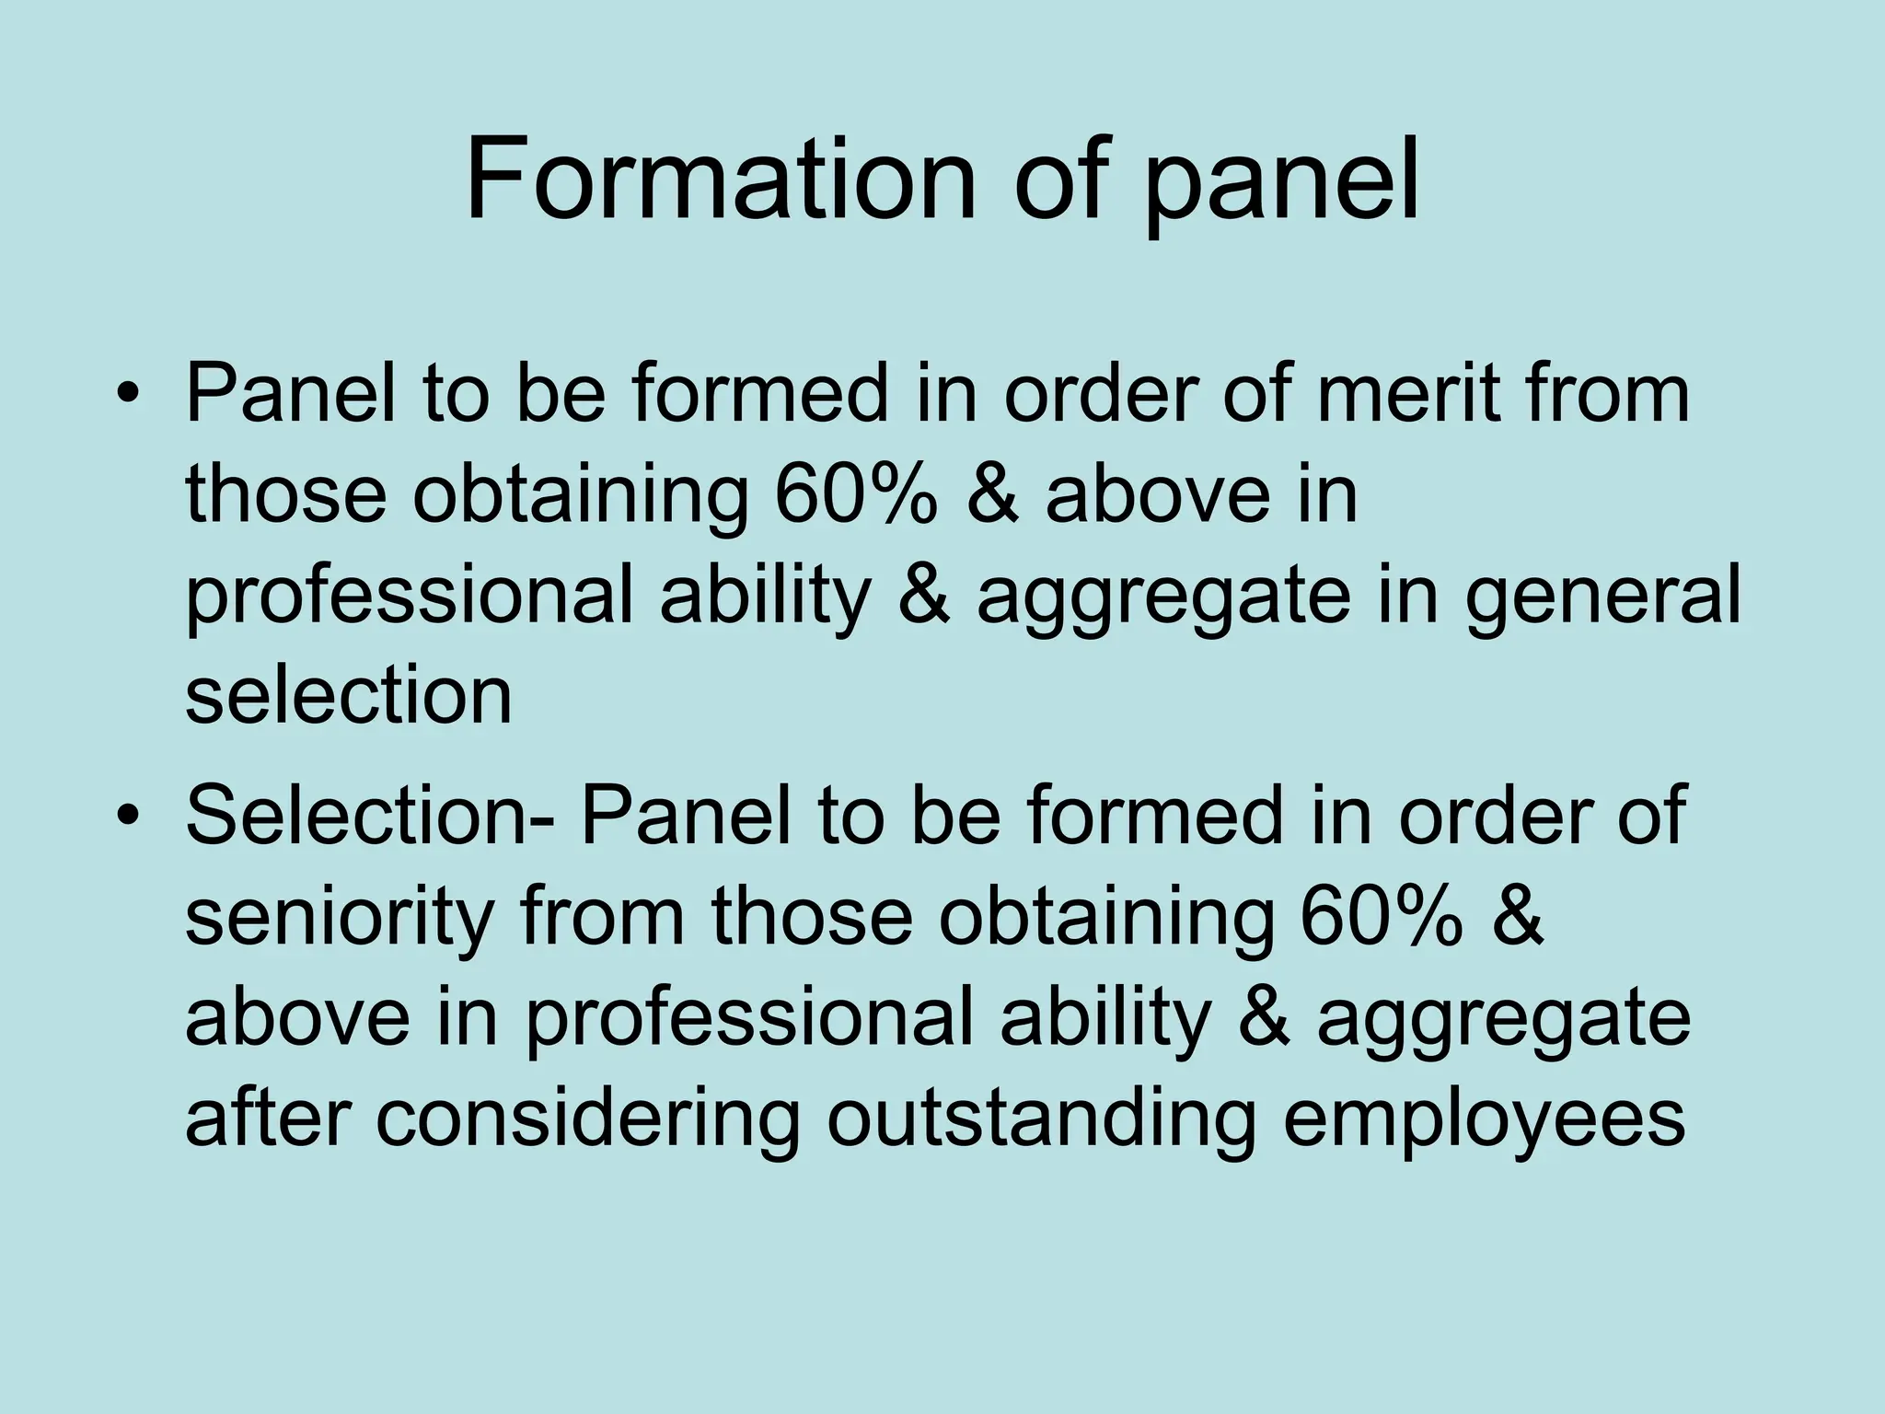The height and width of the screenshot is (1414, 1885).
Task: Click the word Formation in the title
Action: click(x=719, y=180)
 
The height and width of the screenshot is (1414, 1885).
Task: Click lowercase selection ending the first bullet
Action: click(x=348, y=696)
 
